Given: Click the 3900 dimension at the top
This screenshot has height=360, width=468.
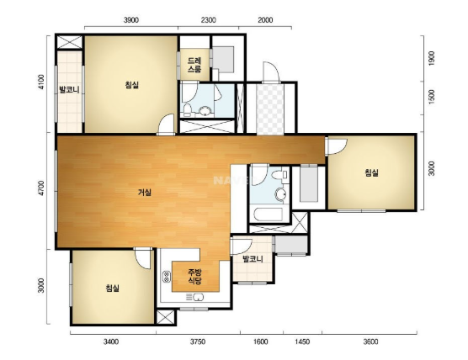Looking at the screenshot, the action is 131,20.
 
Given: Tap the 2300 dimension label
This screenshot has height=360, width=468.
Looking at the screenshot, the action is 209,20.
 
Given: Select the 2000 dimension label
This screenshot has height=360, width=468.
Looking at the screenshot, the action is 265,20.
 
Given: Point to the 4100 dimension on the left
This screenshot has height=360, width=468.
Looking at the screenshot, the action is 41,82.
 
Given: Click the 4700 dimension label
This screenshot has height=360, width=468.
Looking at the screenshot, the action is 41,188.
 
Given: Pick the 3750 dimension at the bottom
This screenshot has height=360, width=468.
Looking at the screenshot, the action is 198,341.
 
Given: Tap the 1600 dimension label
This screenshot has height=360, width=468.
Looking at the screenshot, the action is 260,341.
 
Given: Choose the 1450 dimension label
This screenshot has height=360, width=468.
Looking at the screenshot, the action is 302,341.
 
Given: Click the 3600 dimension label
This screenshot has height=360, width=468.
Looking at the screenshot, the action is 370,341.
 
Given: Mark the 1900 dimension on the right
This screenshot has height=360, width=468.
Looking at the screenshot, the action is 431,59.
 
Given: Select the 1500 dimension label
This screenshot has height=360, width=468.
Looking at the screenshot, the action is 431,97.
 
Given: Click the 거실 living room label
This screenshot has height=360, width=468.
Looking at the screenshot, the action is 145,193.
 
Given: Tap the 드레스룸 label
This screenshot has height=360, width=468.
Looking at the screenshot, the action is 194,65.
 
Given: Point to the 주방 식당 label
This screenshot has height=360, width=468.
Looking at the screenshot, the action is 194,276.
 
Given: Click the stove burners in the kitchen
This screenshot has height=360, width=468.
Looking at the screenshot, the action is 167,277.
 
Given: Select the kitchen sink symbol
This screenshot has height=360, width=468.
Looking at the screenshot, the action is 195,297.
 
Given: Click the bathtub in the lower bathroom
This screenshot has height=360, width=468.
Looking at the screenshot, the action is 268,214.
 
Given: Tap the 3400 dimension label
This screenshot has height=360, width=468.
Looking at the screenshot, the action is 111,341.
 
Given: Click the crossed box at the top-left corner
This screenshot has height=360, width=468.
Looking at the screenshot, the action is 70,42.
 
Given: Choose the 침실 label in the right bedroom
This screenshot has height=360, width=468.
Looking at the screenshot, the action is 371,172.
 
